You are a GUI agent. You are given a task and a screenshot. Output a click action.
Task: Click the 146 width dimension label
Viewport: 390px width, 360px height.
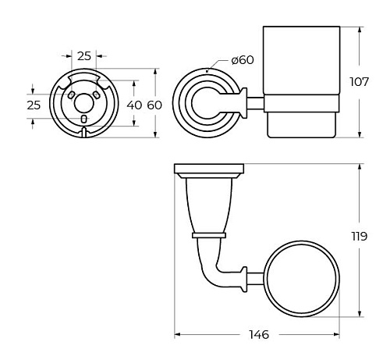point(259,334)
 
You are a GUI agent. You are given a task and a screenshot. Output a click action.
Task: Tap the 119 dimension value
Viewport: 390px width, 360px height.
point(360,237)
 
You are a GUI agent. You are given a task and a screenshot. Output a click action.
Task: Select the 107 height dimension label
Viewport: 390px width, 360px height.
point(360,82)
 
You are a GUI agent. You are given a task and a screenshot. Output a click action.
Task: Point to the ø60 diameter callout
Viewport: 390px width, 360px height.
point(243,60)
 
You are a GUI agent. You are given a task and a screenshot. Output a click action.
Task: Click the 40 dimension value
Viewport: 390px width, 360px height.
point(134,105)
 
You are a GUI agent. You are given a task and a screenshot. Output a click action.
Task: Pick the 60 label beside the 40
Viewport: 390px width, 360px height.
point(154,105)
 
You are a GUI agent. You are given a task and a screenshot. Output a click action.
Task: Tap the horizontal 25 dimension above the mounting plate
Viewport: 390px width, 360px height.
point(84,56)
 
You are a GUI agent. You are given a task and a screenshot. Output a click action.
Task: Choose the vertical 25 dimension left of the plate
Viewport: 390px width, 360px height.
point(34,105)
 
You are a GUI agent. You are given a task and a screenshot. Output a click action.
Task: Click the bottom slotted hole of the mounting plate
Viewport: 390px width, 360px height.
point(83,119)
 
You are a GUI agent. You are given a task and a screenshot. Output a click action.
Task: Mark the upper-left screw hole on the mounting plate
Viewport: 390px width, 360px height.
point(71,95)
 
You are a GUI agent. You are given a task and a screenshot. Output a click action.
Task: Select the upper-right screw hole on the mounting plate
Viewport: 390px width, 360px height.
point(97,95)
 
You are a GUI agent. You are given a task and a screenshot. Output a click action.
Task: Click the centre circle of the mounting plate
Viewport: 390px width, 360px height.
point(83,103)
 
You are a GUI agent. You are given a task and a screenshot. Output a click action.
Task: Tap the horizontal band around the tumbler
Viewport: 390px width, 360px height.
point(302,104)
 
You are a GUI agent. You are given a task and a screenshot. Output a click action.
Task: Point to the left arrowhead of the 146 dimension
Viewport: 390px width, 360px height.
point(177,334)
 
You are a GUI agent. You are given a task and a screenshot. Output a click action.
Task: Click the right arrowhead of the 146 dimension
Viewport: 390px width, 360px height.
point(337,334)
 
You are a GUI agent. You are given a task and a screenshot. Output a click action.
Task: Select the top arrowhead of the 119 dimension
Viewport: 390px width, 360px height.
point(360,167)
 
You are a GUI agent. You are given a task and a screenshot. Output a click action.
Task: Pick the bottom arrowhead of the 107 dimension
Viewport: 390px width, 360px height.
point(360,134)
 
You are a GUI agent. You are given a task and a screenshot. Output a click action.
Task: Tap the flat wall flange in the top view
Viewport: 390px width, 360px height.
point(209,169)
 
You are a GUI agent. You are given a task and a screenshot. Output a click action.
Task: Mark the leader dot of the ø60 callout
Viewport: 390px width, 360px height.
point(207,70)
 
